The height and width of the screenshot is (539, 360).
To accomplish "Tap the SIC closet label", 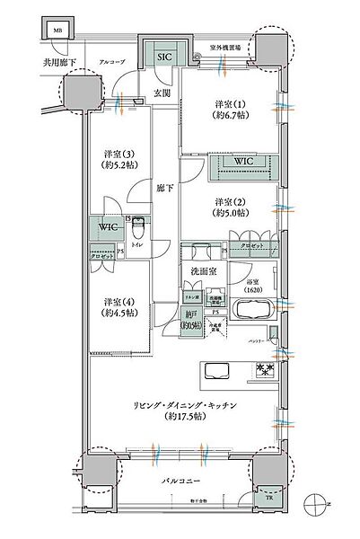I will pyautogui.click(x=163, y=56).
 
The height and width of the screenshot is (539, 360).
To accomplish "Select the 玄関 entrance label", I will pyautogui.click(x=162, y=93).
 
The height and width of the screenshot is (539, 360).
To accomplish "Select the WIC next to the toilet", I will pyautogui.click(x=105, y=229).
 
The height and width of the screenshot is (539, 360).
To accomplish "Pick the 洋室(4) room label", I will pyautogui.click(x=114, y=305).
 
